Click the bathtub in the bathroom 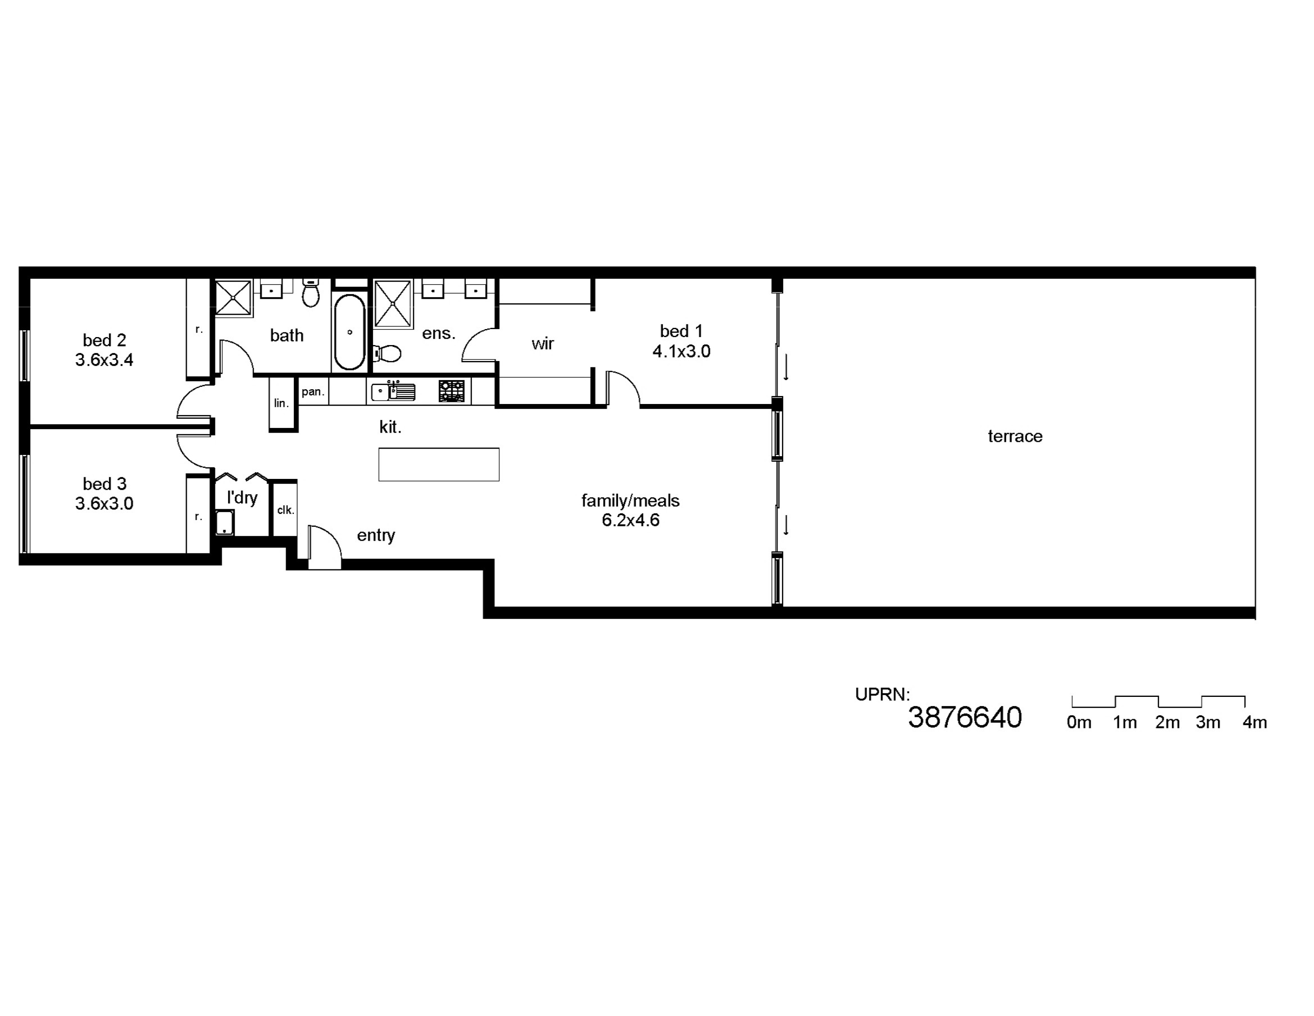tap(350, 331)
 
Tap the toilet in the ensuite tap(388, 353)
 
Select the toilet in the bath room tap(311, 293)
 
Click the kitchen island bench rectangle tap(439, 464)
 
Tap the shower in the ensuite tap(392, 304)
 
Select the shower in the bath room tap(233, 297)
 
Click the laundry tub tap(225, 522)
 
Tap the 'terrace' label tap(1015, 436)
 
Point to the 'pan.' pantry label tap(313, 392)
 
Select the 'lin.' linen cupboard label tap(281, 403)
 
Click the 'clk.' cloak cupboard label tap(285, 510)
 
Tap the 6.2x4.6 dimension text tap(631, 520)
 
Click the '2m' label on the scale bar tap(1167, 722)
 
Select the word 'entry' tap(376, 535)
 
